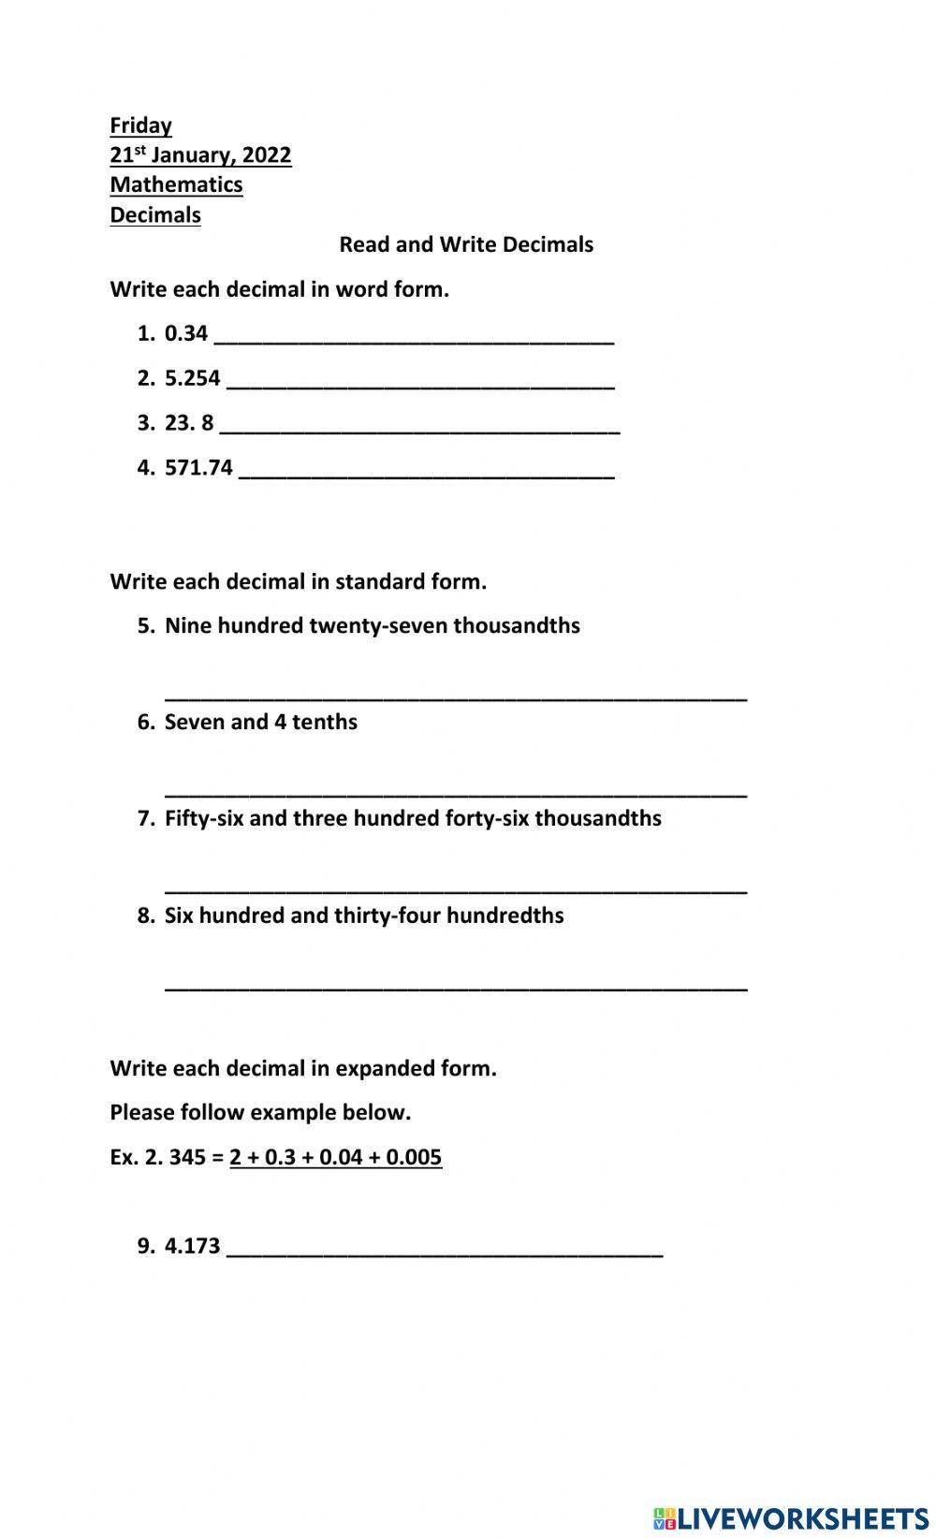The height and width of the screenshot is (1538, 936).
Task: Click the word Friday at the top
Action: tap(140, 125)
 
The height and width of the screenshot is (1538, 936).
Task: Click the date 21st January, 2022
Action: tap(200, 155)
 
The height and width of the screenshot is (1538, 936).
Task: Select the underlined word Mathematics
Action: tap(176, 185)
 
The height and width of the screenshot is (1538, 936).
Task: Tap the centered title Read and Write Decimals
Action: tap(466, 245)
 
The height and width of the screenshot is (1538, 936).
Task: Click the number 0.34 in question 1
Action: tap(185, 333)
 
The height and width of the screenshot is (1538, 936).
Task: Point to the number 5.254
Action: tap(192, 378)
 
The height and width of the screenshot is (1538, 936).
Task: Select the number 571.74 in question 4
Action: tap(198, 468)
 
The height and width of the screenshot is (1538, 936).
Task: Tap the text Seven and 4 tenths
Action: tap(260, 722)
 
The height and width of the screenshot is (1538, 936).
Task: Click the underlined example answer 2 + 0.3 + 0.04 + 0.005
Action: tap(335, 1157)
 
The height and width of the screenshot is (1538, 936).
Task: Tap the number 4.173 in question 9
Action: tap(192, 1246)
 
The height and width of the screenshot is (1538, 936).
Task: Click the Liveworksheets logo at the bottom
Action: tap(791, 1517)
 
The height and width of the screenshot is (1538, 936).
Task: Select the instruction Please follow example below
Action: tap(260, 1113)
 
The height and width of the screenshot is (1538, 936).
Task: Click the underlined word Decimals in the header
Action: tap(155, 215)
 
